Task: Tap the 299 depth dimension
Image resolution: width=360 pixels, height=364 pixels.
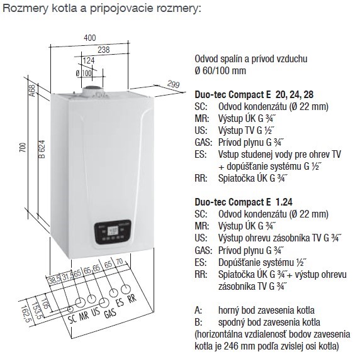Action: click(174, 83)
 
